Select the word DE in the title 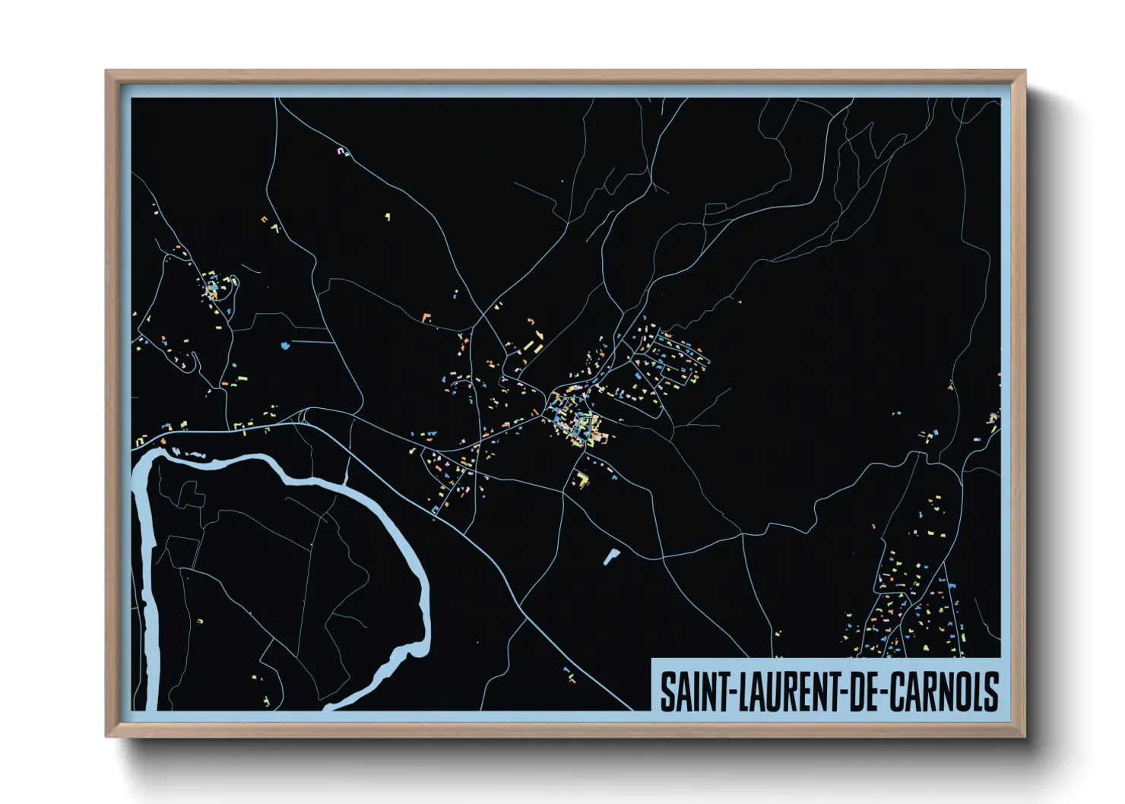[862, 692]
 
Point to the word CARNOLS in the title [943, 692]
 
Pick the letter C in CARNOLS [895, 692]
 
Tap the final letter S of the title [990, 692]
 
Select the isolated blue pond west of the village [286, 346]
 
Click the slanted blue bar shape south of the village [610, 557]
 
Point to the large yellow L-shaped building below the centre [582, 479]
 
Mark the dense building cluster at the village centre [580, 426]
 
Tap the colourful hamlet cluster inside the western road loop [217, 289]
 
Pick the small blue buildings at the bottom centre [569, 672]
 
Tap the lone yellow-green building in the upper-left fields [388, 217]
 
